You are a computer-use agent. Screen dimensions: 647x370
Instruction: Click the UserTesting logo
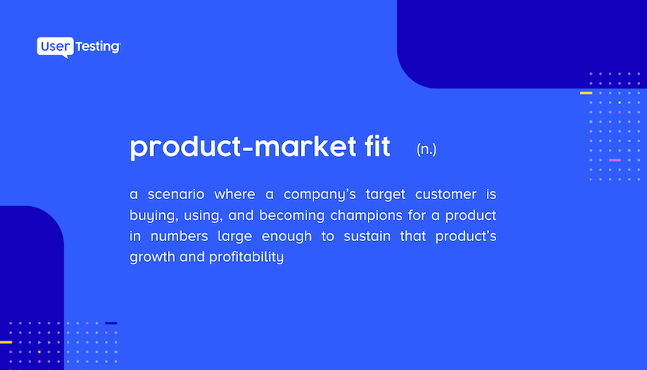79,47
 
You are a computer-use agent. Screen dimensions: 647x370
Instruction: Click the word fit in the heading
377,146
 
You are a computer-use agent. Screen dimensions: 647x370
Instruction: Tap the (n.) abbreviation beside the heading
426,149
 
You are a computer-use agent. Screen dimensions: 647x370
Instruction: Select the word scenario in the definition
176,194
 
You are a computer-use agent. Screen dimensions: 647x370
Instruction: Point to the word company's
320,194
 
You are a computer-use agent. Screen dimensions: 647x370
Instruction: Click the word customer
446,194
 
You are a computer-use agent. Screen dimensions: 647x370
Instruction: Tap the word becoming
292,216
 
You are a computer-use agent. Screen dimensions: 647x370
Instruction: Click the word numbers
179,236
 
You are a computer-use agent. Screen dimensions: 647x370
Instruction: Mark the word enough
287,237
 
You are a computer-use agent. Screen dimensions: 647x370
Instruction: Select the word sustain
367,236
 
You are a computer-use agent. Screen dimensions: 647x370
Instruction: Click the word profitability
247,257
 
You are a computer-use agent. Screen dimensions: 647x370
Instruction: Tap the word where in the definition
234,194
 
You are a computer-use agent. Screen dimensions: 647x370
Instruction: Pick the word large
235,237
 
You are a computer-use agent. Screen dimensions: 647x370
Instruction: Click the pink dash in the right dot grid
615,160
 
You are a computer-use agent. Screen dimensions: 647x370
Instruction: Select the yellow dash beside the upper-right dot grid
586,92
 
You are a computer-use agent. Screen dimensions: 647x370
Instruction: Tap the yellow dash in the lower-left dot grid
5,342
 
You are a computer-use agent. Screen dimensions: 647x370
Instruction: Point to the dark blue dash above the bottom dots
111,323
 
